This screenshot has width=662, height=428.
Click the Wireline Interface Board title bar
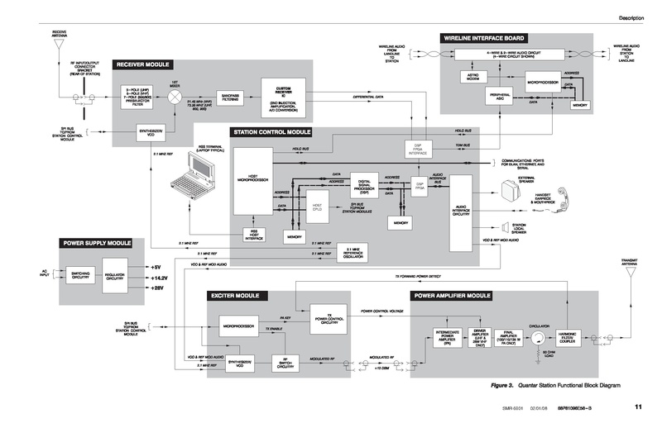click(x=485, y=38)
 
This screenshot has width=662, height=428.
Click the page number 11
click(x=638, y=406)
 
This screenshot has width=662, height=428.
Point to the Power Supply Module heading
click(x=97, y=244)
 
